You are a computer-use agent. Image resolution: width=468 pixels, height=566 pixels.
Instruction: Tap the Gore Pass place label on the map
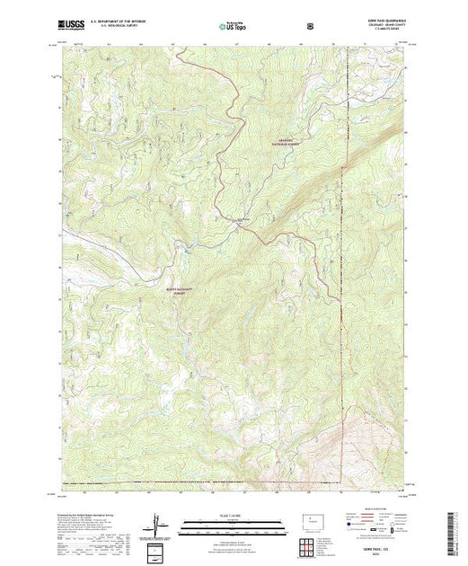pos(242,219)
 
